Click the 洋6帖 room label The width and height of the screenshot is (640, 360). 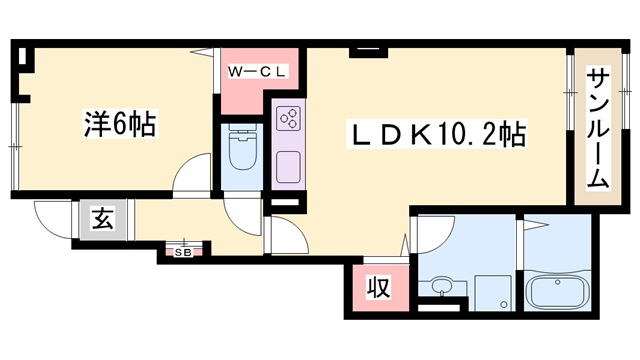pos(120,124)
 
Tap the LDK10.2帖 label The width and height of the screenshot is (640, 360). pos(436,134)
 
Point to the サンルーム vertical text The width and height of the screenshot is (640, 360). pos(598,129)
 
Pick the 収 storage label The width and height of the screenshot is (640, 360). pos(378,287)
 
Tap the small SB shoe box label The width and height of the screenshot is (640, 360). pos(183,253)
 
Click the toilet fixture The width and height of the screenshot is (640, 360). pos(242,147)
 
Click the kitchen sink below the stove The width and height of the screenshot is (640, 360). pos(289,167)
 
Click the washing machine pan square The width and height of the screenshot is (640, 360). pos(493,293)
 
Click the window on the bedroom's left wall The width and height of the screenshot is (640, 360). pos(15,146)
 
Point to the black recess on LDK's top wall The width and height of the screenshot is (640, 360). pos(368,53)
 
